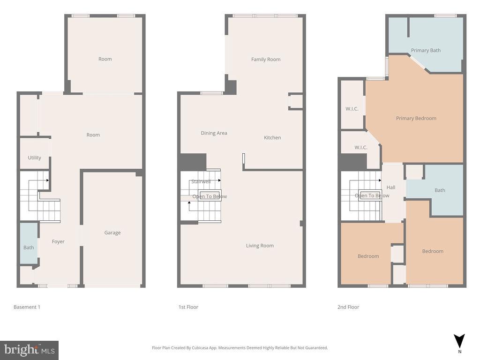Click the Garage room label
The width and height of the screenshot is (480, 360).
coord(112,232)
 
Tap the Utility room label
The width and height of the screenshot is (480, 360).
coord(34,157)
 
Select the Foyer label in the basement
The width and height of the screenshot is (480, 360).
coord(58,241)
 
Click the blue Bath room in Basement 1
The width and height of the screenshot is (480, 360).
coord(29,247)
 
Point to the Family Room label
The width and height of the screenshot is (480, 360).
coord(266,59)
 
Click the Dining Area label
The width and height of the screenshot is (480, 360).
coord(214,133)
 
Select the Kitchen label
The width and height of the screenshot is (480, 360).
coord(272,137)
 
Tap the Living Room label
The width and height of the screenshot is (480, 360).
coord(260,246)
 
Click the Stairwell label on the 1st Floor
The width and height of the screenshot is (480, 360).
coord(201,181)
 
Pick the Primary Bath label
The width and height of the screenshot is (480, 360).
coord(426,50)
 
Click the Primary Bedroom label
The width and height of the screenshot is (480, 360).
coord(416,118)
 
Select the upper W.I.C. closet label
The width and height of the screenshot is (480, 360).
coord(352,109)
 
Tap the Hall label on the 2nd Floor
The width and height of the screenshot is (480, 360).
coord(391,187)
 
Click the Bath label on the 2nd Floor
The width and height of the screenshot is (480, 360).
coord(440,190)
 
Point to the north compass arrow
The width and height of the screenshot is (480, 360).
coord(459,341)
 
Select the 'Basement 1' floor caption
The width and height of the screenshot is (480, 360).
coord(27,307)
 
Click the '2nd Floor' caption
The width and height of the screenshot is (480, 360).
coord(348,307)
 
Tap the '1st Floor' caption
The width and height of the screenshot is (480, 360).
coord(188,307)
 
